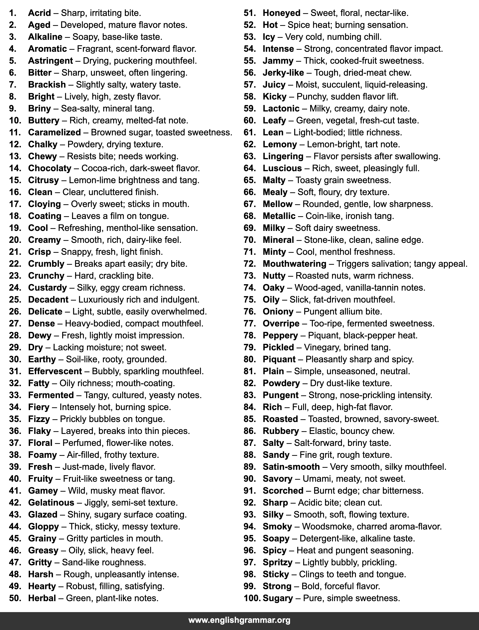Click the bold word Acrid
tap(39, 13)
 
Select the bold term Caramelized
tap(54, 132)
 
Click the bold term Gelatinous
tap(51, 503)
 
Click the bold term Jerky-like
tap(283, 73)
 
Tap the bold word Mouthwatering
tap(294, 264)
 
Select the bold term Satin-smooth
tap(291, 467)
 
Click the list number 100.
tap(252, 598)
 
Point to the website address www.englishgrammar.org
tap(239, 620)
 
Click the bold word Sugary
tap(278, 598)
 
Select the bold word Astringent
tap(50, 61)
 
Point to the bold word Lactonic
tap(281, 108)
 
